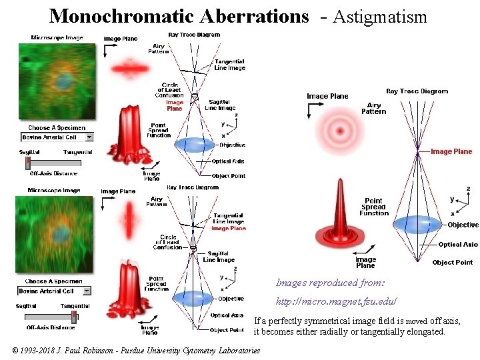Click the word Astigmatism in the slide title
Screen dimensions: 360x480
379,17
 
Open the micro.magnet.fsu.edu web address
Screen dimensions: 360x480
337,301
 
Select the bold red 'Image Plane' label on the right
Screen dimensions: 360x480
451,151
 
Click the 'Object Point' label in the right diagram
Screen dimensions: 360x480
452,263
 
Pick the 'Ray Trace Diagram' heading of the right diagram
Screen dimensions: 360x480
417,91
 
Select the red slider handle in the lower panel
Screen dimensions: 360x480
74,316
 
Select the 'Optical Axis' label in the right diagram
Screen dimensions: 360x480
458,245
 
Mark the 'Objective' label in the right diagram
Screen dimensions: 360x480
463,225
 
